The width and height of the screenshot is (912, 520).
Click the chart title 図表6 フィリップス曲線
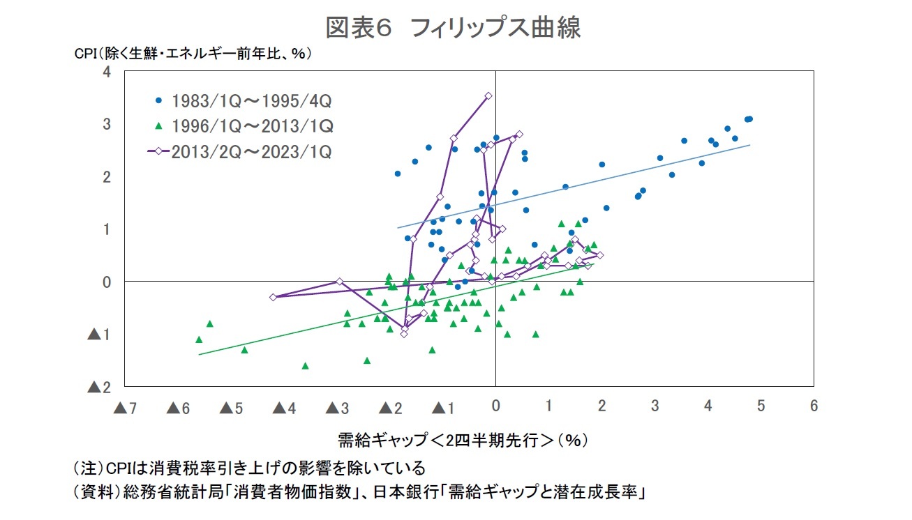pyautogui.click(x=454, y=27)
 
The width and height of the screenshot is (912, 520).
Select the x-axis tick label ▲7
pyautogui.click(x=125, y=408)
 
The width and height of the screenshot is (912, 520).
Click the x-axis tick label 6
pyautogui.click(x=814, y=406)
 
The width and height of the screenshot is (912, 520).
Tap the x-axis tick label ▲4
pyautogui.click(x=283, y=408)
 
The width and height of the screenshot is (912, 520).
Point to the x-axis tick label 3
pyautogui.click(x=655, y=406)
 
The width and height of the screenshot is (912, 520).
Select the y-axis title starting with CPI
pyautogui.click(x=193, y=54)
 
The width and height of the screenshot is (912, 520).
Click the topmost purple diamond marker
pyautogui.click(x=488, y=95)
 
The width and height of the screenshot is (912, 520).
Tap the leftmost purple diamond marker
pyautogui.click(x=273, y=297)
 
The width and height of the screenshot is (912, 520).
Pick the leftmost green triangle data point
pyautogui.click(x=199, y=339)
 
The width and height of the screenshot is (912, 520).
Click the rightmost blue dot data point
pyautogui.click(x=749, y=118)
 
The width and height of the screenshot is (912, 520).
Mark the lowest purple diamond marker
pyautogui.click(x=403, y=334)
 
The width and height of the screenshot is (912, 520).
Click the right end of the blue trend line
pyautogui.click(x=749, y=145)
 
